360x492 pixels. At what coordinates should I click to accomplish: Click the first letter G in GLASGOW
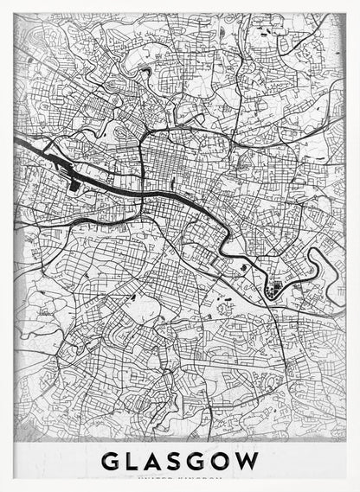(112, 461)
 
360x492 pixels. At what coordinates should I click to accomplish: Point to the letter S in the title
(180, 461)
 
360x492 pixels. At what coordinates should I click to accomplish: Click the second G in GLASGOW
(202, 461)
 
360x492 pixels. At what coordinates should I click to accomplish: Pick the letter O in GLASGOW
(225, 461)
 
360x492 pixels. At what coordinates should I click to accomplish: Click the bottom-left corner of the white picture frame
(3, 489)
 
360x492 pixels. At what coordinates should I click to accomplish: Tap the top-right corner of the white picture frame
(357, 3)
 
